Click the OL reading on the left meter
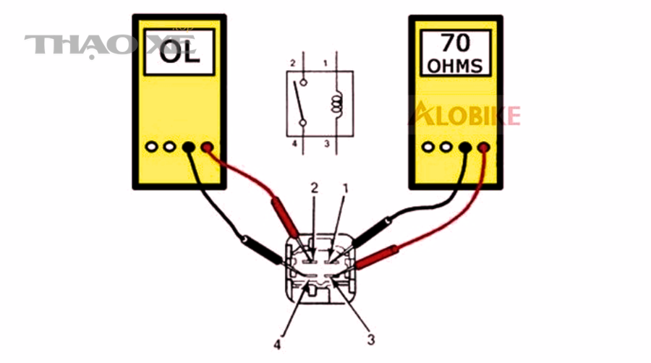point(179,53)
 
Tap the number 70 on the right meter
point(456,43)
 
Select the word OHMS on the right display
point(456,67)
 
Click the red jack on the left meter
point(207,147)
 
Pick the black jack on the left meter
point(189,147)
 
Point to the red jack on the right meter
point(484,148)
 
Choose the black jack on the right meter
point(465,148)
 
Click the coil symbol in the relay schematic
point(336,103)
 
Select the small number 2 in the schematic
point(293,63)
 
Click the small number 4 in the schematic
point(294,144)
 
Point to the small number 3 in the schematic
point(327,144)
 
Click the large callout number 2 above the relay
point(315,188)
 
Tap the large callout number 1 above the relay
point(345,189)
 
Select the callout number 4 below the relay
point(277,344)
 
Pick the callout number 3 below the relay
point(371,340)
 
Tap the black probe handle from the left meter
point(263,249)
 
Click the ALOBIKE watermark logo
point(464,114)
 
